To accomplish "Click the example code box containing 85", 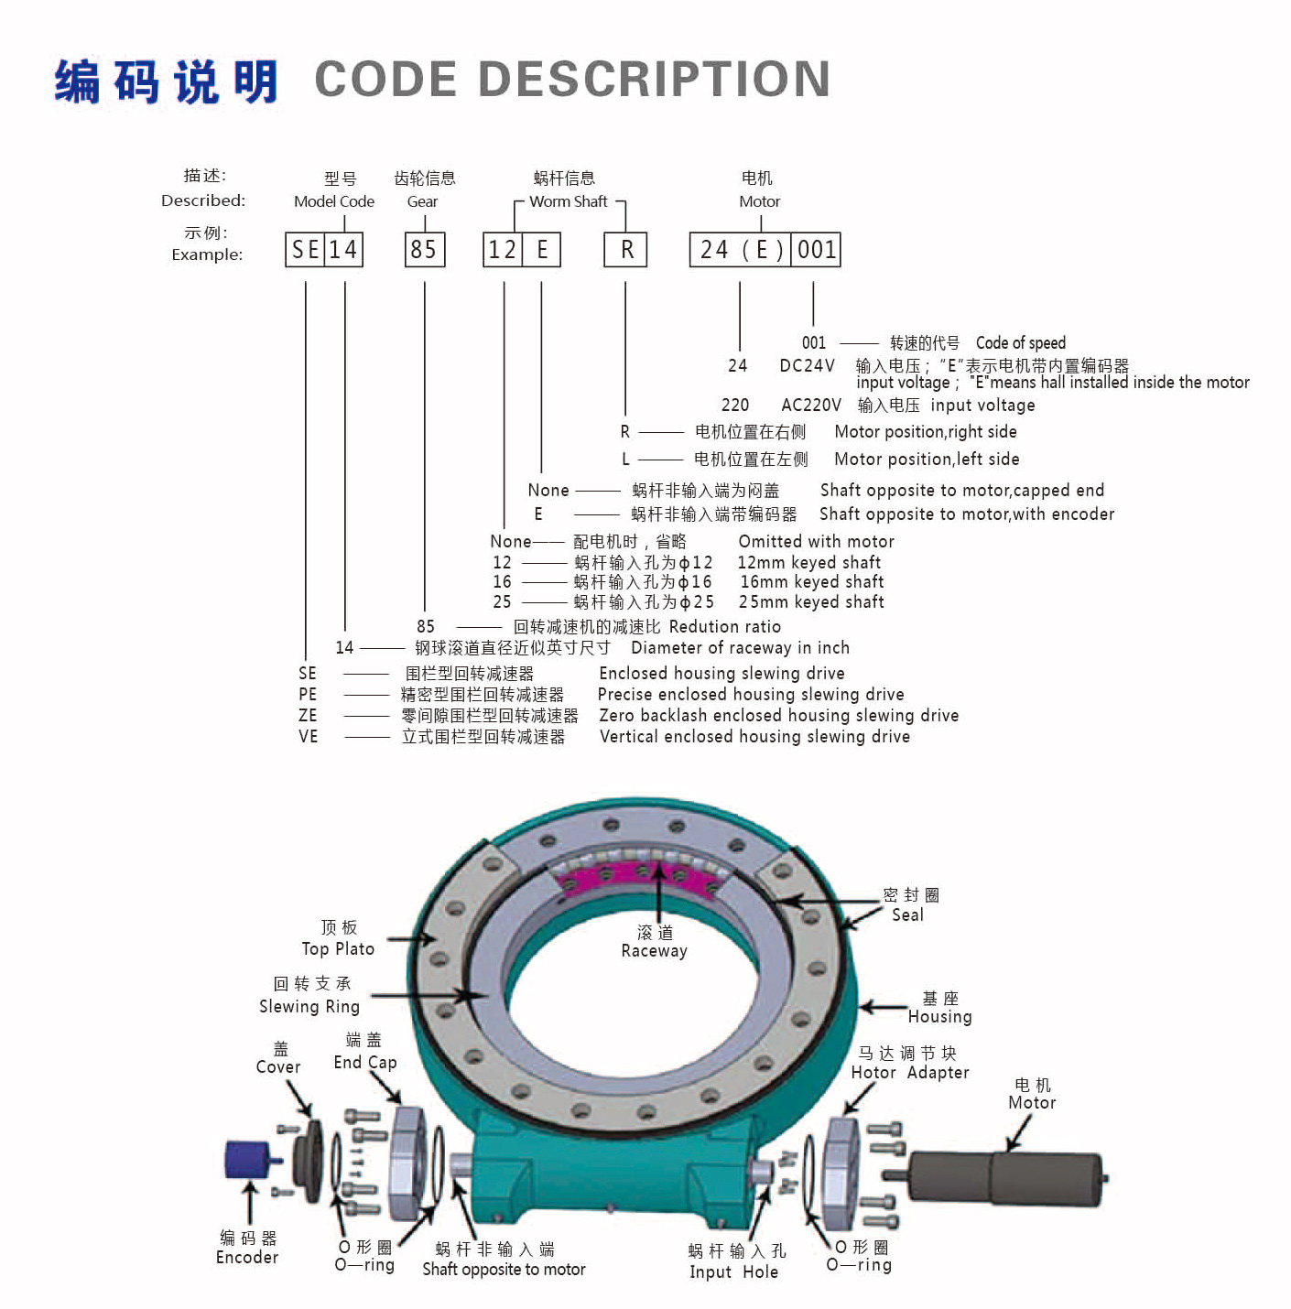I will tap(425, 249).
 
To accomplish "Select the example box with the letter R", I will tap(625, 249).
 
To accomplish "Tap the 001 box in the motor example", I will tap(816, 249).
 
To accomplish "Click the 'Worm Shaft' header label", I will tap(568, 201).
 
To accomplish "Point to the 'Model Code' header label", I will tap(333, 201).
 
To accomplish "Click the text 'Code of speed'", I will tap(1020, 343).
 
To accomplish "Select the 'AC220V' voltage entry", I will tap(810, 405).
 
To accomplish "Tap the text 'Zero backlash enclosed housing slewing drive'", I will tap(778, 715).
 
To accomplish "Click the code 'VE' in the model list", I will tap(308, 736).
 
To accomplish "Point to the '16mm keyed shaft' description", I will tap(811, 581).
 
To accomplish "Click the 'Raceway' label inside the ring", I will tap(654, 951).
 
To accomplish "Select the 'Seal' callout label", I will tap(907, 914).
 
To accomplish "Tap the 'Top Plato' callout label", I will tap(338, 949).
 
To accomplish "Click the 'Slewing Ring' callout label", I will tap(309, 1006).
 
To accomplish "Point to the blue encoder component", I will tap(245, 1160).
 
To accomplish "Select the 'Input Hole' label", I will tap(733, 1271).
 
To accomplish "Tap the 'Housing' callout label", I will tap(939, 1016).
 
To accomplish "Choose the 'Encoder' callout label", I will tap(247, 1257).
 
